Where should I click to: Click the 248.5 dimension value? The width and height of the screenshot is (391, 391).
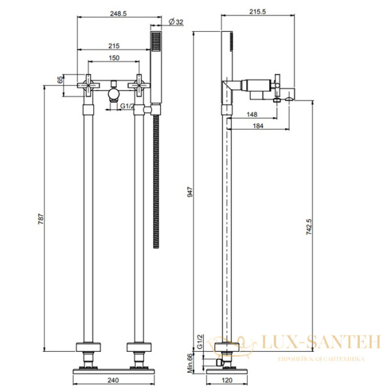119,13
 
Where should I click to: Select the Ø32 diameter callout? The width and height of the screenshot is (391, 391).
176,22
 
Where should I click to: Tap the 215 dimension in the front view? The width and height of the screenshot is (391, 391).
114,46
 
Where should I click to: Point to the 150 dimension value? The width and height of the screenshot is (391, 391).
114,58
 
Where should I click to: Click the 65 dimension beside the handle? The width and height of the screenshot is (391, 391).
60,80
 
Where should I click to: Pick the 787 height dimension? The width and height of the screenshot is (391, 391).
40,219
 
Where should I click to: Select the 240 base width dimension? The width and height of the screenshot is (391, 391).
113,381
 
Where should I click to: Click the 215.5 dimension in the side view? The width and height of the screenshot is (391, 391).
257,12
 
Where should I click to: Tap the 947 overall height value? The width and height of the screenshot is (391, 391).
190,192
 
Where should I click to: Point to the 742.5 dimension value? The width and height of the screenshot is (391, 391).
309,226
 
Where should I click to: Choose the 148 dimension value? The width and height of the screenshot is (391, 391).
252,114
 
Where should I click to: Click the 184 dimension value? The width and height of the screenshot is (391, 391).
258,126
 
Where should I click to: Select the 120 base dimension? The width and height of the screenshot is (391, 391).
227,381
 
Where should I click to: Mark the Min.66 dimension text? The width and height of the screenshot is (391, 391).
190,363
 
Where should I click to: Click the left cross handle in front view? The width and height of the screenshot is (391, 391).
89,85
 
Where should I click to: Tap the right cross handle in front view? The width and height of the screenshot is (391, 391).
139,85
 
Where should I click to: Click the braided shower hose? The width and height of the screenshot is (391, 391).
156,181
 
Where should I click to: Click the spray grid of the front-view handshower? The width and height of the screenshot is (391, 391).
156,41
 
